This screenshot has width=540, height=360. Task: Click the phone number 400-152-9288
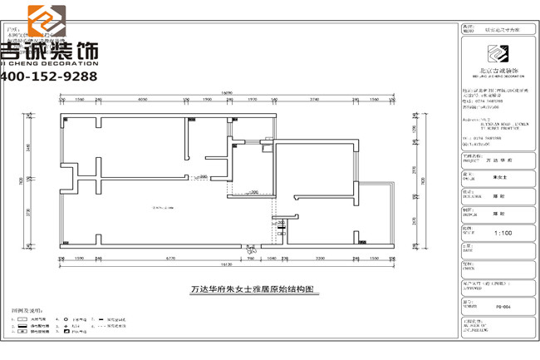[x=50, y=76]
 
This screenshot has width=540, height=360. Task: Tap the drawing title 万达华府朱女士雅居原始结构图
[x=253, y=290]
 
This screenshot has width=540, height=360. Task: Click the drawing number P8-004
[x=503, y=306]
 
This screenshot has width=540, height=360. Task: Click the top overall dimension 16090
[x=225, y=91]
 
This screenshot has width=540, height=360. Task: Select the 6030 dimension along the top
[x=142, y=99]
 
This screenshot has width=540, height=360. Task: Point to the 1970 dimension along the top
[x=253, y=99]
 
